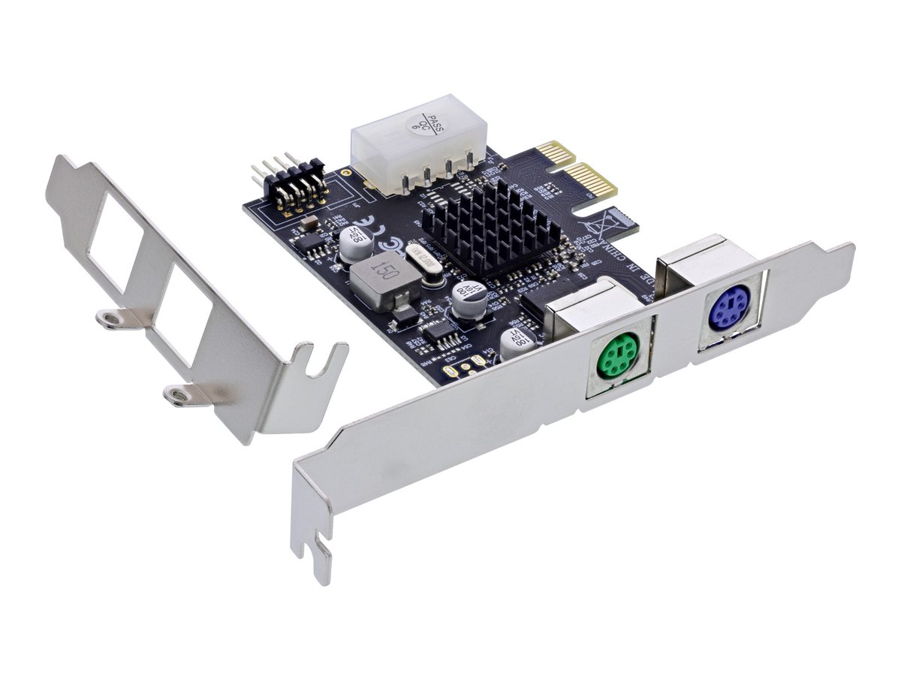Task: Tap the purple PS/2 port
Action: [727, 308]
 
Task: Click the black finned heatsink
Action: [490, 224]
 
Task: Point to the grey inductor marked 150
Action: [382, 284]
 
